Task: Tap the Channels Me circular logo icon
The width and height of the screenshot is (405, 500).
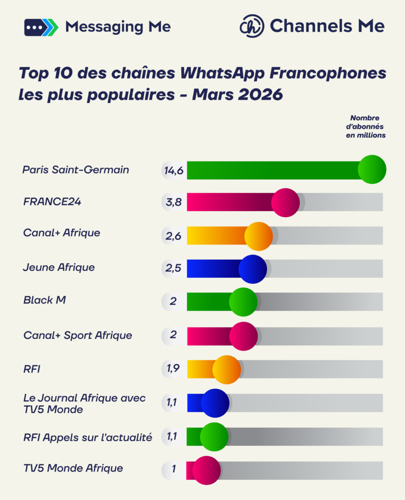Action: pos(252,26)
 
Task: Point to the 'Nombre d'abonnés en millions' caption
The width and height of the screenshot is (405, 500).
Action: pos(365,126)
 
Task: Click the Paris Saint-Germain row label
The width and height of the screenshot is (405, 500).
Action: pos(76,170)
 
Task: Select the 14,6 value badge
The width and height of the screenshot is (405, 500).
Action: pos(173,170)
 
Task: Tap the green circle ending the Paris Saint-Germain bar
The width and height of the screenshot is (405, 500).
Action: pos(372,169)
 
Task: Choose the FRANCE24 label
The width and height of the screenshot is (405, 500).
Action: pos(52,202)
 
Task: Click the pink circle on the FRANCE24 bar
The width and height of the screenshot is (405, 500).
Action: pos(285,202)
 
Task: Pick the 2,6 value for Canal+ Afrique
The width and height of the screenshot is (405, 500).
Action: pos(173,236)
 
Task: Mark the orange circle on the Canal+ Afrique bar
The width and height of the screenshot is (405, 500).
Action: pos(258,236)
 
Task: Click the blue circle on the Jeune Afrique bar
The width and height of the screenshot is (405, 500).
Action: pos(253,269)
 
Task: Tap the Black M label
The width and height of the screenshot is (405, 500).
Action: pos(44,300)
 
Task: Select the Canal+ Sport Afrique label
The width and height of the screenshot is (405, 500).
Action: pos(78,335)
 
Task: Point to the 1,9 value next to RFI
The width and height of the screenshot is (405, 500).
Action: pos(173,369)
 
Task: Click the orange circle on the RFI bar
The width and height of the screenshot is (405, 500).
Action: pos(226,369)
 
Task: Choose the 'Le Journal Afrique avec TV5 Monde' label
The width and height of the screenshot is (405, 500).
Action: pos(84,404)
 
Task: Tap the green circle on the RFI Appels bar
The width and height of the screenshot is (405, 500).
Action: pos(214,437)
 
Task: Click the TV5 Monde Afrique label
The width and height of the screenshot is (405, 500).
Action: pos(73,468)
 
